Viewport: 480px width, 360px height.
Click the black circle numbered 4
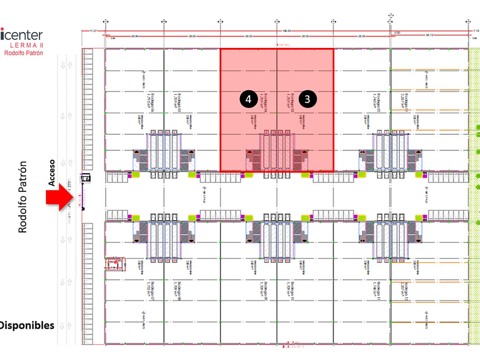click(x=248, y=99)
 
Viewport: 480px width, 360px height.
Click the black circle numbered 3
click(x=307, y=99)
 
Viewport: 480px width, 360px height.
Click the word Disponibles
click(x=27, y=326)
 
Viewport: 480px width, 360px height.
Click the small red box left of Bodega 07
click(x=114, y=263)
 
